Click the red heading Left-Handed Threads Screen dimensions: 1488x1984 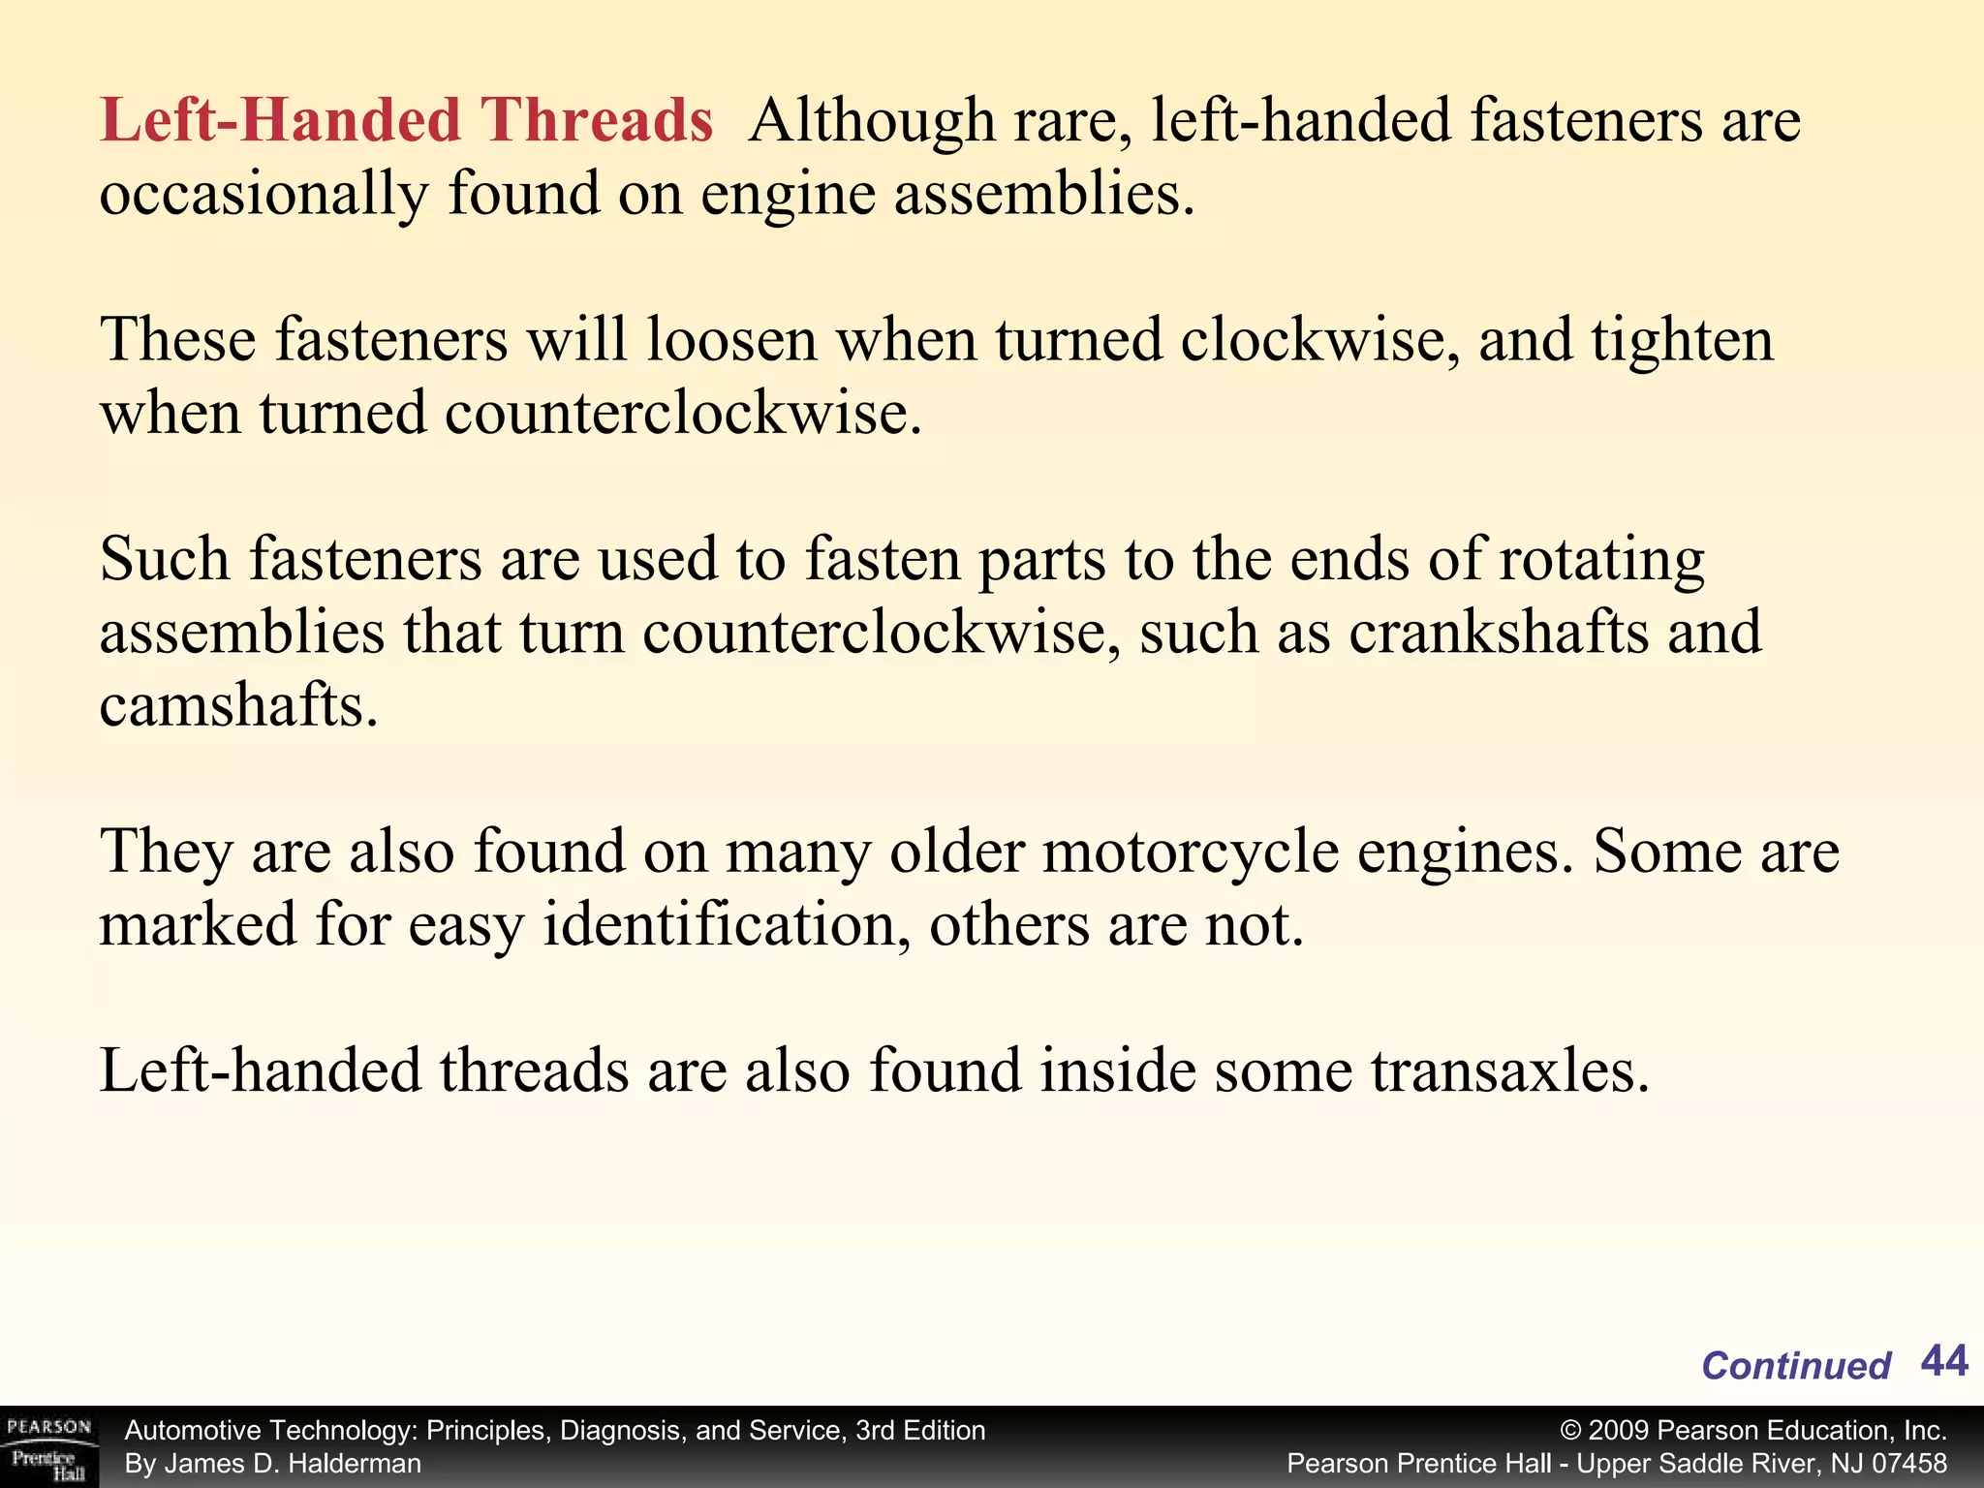click(406, 121)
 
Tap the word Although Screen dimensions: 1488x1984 click(872, 121)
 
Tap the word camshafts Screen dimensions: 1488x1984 click(237, 705)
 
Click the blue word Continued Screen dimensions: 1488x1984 click(1795, 1366)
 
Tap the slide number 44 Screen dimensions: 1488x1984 click(1943, 1361)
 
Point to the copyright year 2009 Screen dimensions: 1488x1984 click(1619, 1431)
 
